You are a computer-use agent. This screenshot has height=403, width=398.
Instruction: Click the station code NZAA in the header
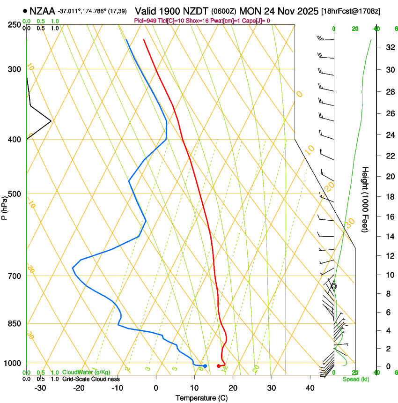42,10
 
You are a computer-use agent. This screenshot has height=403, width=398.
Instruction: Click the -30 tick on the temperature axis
40,388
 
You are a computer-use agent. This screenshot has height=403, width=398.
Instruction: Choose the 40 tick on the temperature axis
310,388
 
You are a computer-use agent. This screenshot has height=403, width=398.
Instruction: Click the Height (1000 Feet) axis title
365,199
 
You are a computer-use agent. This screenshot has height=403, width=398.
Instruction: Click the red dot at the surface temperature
219,366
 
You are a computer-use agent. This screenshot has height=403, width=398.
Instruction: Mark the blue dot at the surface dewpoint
205,366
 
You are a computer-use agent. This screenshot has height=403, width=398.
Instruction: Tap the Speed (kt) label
355,379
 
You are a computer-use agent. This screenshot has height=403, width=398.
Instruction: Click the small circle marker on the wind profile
334,286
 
